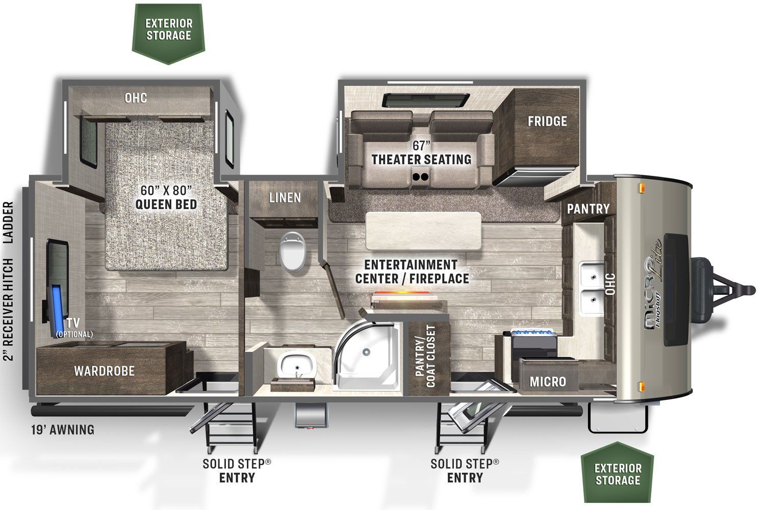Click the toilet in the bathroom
click(292, 252)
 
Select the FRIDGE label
click(547, 121)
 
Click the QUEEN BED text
click(166, 205)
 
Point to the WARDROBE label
click(104, 371)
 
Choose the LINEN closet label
click(285, 197)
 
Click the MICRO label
click(548, 381)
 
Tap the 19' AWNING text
click(63, 430)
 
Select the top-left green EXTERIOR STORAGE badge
click(168, 34)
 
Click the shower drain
click(366, 352)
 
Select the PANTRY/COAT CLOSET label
click(425, 356)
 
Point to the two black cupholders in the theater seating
click(420, 177)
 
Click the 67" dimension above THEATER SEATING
click(421, 145)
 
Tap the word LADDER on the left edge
click(8, 222)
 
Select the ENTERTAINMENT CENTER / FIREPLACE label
click(412, 271)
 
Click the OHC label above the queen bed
click(136, 98)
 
